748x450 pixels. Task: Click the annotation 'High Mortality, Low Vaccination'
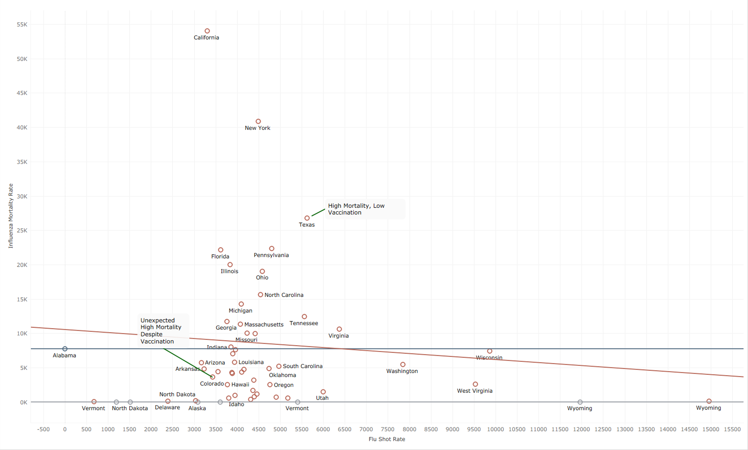click(x=356, y=209)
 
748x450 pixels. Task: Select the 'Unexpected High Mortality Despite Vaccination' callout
click(x=161, y=331)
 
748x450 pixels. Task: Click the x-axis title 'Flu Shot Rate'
click(x=387, y=439)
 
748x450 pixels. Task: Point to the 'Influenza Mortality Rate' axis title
click(x=11, y=216)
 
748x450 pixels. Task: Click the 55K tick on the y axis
click(x=22, y=24)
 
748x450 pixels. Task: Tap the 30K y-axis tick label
click(x=22, y=197)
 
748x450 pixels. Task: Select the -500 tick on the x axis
click(x=43, y=429)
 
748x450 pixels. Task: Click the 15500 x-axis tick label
click(x=732, y=429)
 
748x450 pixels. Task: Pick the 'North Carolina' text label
click(x=284, y=295)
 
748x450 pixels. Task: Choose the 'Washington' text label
click(x=402, y=371)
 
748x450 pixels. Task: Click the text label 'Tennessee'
click(x=303, y=323)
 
